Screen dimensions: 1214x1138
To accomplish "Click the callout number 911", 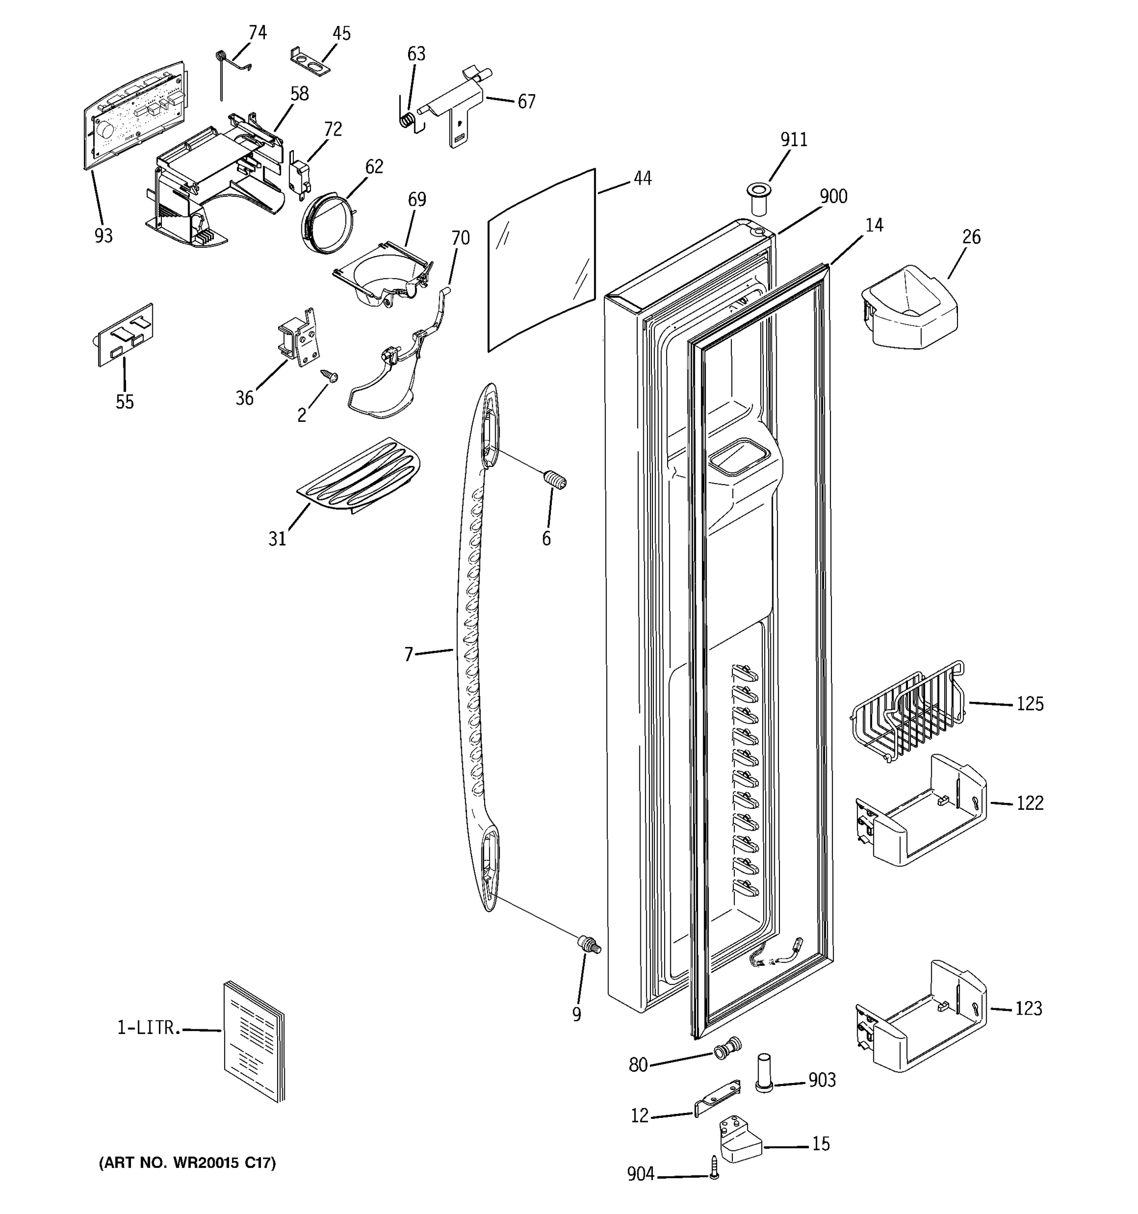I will (x=794, y=140).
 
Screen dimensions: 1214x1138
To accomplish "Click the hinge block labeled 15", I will (x=740, y=1138).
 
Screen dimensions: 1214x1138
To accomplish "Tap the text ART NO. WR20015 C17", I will (x=188, y=1163).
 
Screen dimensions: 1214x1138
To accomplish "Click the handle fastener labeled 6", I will (x=555, y=481).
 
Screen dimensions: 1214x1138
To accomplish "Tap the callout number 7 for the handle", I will (x=409, y=655).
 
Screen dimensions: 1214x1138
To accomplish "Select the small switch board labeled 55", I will (x=126, y=335).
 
